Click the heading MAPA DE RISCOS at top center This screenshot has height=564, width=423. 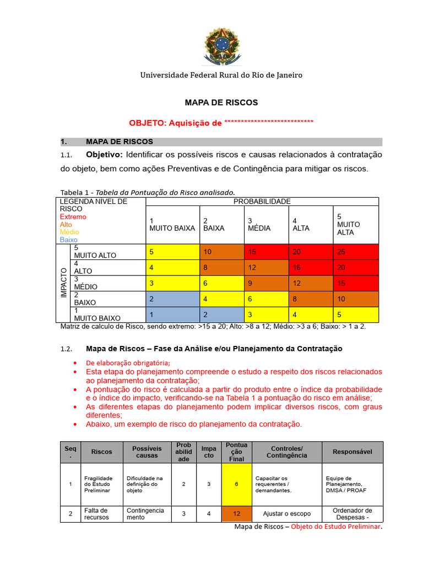(x=221, y=102)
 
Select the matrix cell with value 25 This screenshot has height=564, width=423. (x=356, y=252)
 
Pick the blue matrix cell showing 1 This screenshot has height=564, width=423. (x=172, y=314)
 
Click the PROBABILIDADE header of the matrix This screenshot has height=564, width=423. (x=262, y=202)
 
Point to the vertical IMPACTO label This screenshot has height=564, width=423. (x=64, y=283)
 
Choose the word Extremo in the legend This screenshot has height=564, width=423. (x=73, y=217)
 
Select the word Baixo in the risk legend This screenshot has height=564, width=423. (x=69, y=240)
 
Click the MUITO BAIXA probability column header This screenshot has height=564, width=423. (x=172, y=225)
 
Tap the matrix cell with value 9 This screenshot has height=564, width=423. (x=266, y=283)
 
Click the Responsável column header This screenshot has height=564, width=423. (x=352, y=452)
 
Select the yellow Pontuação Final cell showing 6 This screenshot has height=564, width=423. (x=236, y=484)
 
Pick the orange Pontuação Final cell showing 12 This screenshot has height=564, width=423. (x=236, y=514)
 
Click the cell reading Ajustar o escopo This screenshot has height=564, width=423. (x=286, y=514)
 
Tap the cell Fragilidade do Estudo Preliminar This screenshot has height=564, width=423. (x=98, y=484)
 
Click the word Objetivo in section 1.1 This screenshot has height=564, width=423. (x=105, y=154)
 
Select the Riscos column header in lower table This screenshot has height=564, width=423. (x=101, y=452)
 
